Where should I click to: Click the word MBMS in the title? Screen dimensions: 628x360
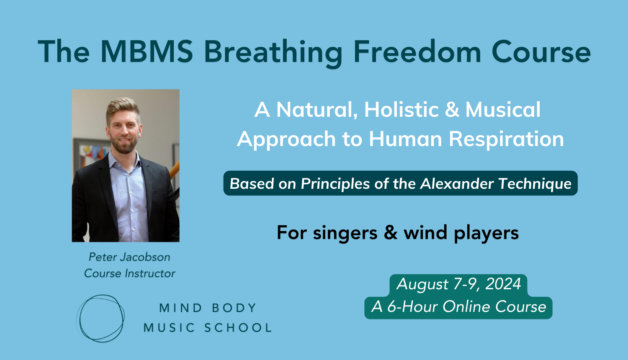click(147, 51)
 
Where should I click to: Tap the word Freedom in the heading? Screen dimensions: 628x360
click(417, 51)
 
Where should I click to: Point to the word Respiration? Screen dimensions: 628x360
click(506, 139)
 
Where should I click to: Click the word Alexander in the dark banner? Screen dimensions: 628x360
click(457, 184)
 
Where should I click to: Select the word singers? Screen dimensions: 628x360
click(345, 233)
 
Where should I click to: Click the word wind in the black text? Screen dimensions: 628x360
click(425, 232)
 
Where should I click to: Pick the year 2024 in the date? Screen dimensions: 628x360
click(503, 284)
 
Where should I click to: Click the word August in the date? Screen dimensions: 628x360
click(422, 284)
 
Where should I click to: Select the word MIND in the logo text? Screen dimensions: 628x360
click(180, 308)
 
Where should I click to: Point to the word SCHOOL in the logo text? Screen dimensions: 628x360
click(238, 327)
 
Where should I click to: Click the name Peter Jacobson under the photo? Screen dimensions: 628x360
click(129, 257)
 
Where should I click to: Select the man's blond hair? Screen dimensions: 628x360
click(123, 108)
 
